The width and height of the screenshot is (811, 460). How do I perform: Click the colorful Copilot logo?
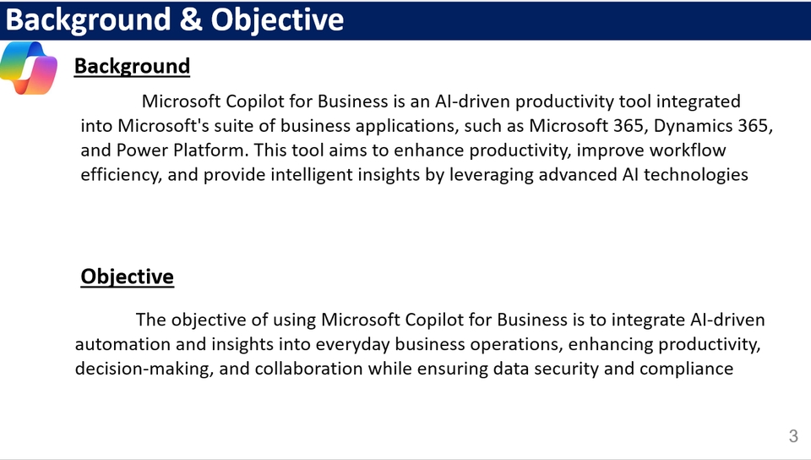tap(29, 68)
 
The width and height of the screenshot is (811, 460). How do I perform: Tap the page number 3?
tap(793, 436)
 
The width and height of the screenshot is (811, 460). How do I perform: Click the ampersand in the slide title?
tap(191, 19)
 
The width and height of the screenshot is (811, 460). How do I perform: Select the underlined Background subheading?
tap(132, 67)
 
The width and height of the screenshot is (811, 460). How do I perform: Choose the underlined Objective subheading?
tap(128, 277)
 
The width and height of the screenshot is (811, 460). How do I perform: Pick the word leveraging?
tap(492, 175)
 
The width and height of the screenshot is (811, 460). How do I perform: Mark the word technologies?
tap(695, 175)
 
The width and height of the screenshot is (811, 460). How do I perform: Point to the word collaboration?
tap(309, 369)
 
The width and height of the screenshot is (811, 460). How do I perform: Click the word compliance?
tap(686, 369)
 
